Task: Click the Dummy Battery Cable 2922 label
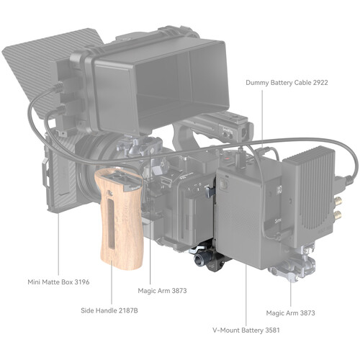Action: (287, 83)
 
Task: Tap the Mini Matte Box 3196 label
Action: (58, 282)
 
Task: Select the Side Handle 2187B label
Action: (109, 310)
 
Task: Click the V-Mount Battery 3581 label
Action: (246, 330)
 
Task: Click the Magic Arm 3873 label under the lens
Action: (162, 291)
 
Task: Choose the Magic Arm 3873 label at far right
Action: (290, 313)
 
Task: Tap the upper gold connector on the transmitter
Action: (338, 200)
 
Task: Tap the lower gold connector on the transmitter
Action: (338, 213)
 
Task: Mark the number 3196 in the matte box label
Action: (82, 282)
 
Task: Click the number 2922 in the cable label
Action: (320, 83)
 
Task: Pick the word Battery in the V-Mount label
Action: (252, 330)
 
